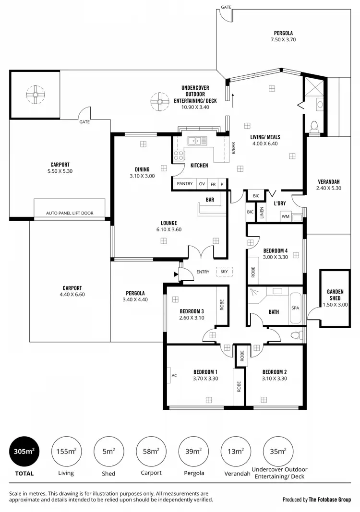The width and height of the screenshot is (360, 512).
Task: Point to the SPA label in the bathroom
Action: [295, 308]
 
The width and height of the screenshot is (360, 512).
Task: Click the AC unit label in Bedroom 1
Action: [174, 375]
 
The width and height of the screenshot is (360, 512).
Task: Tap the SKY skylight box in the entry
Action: [224, 272]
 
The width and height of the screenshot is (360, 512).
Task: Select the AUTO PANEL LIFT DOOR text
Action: [70, 213]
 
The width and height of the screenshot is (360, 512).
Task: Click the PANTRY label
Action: [184, 184]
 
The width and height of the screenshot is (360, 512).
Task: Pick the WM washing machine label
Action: [285, 216]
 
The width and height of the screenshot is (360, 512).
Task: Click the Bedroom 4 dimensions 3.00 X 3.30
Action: [275, 257]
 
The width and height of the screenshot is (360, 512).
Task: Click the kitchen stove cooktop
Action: [179, 155]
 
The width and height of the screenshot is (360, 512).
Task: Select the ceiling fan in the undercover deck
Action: [159, 102]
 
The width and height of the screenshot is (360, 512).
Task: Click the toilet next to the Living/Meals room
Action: [314, 126]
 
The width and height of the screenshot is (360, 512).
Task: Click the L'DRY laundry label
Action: [279, 203]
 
